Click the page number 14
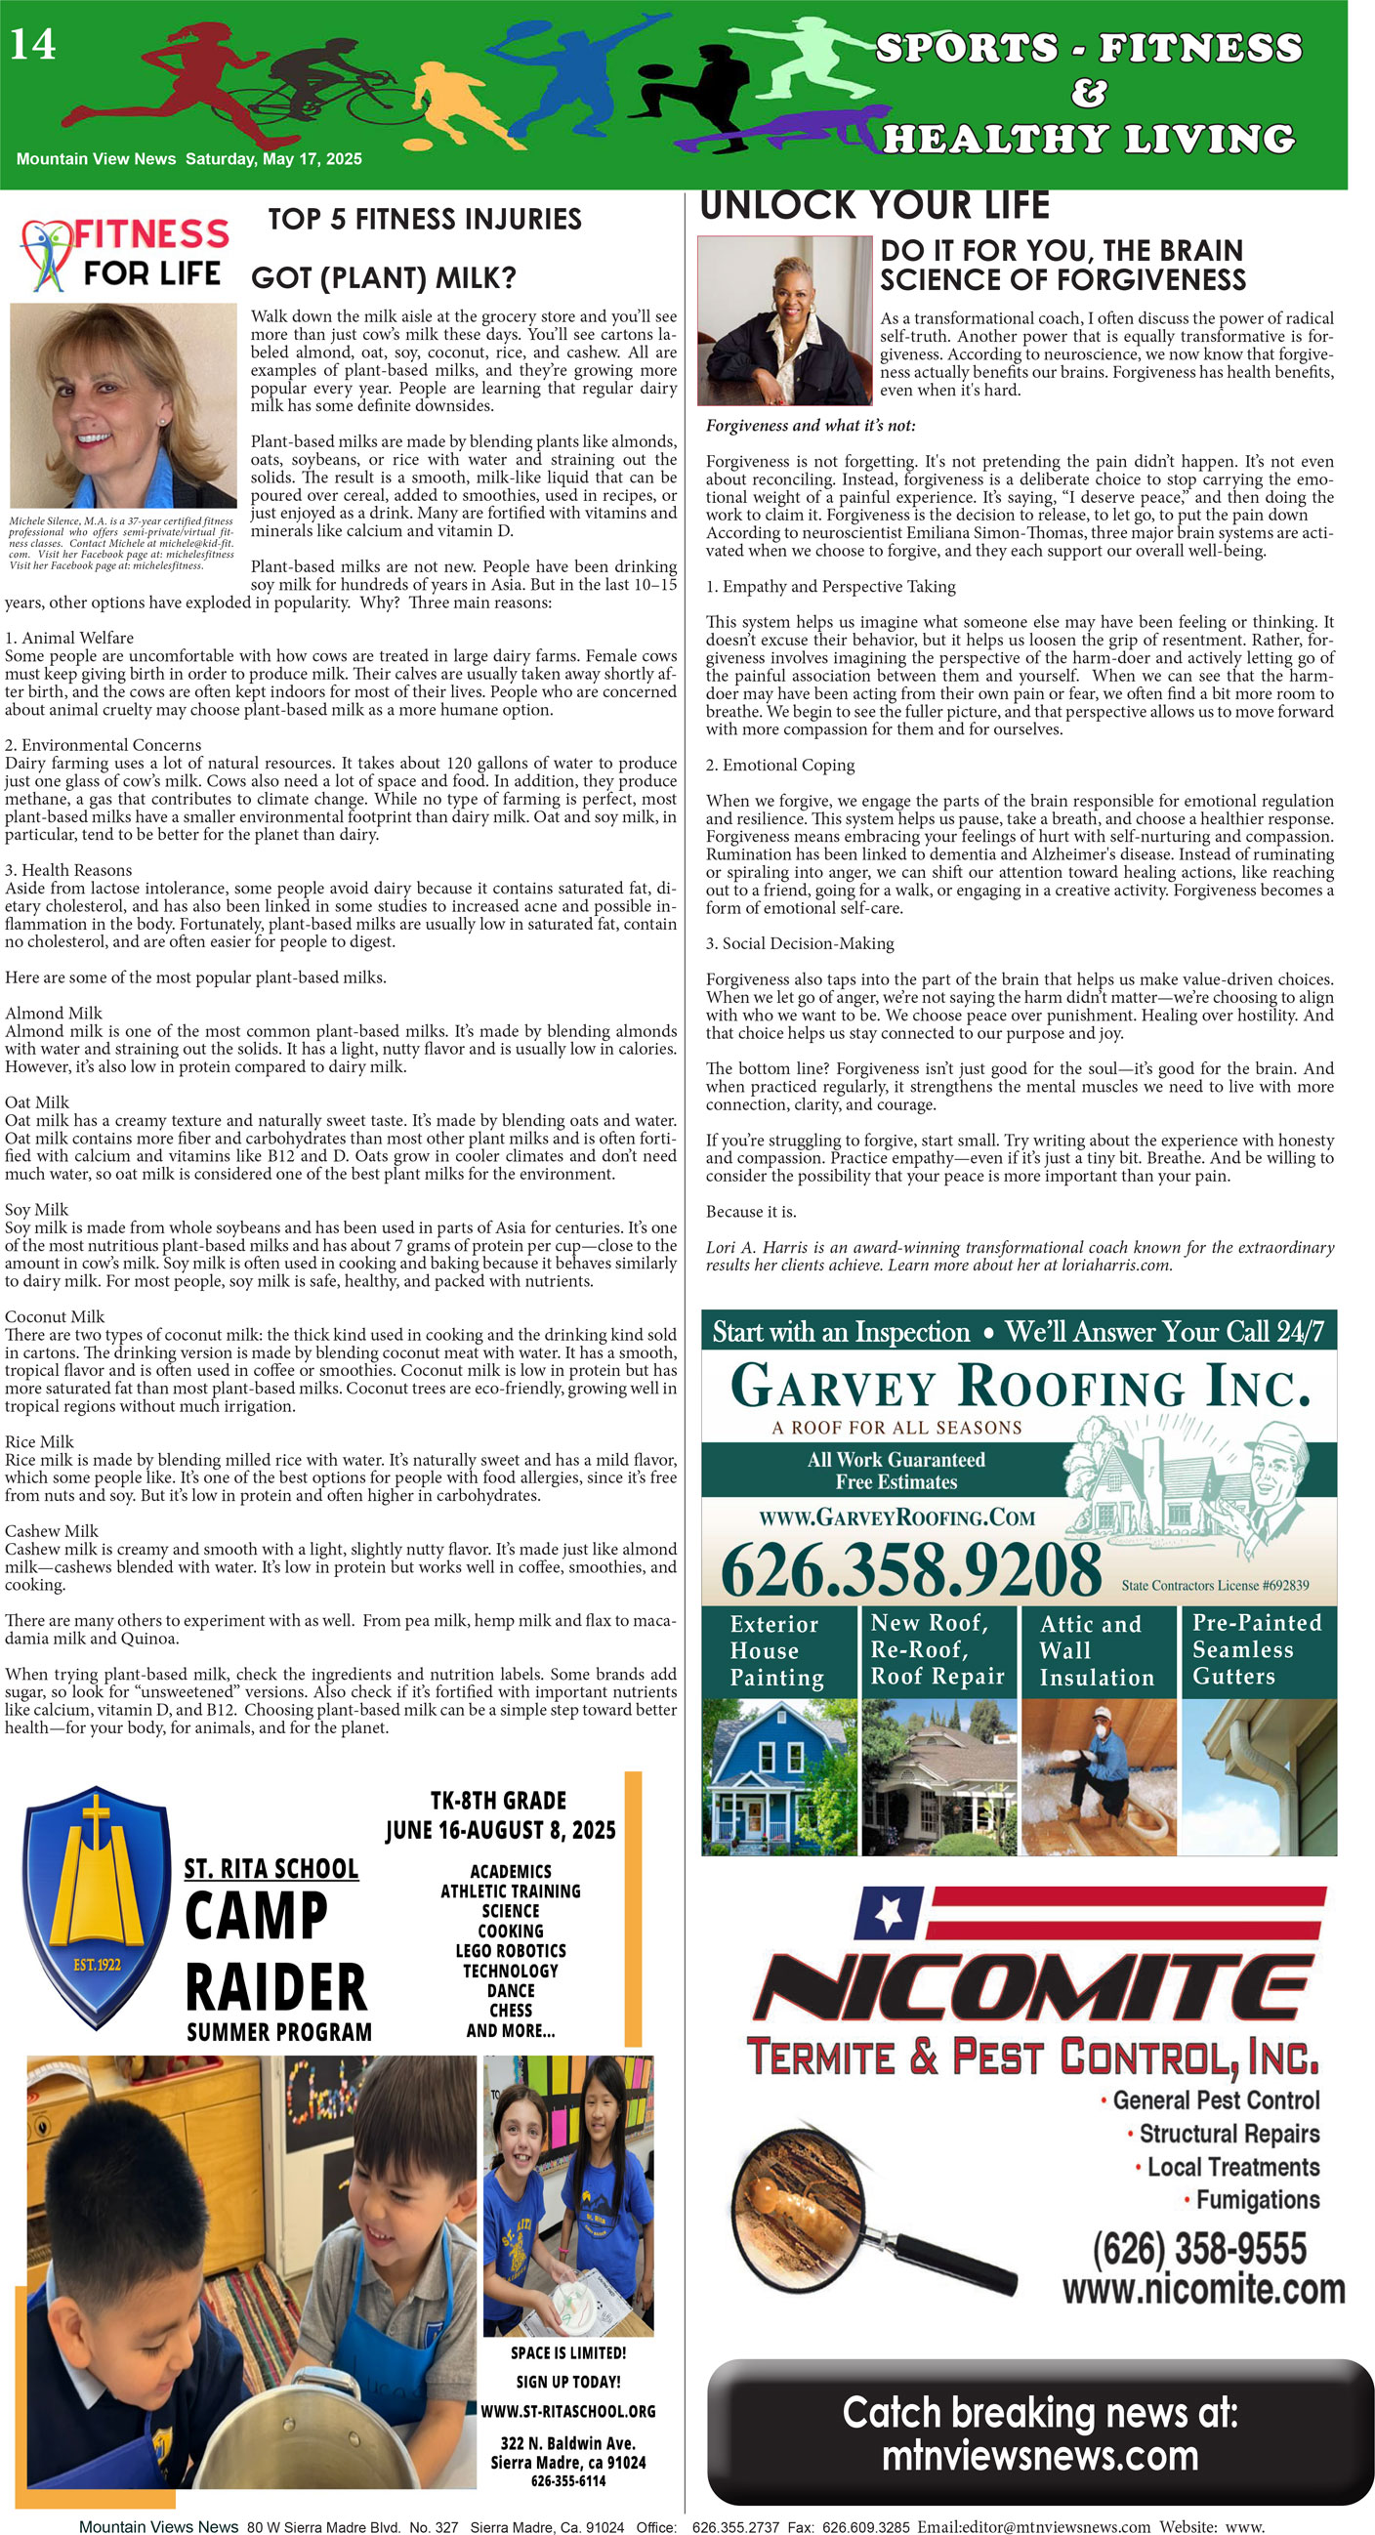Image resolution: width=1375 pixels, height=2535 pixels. (32, 43)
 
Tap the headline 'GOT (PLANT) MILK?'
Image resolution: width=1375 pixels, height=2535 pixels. (384, 278)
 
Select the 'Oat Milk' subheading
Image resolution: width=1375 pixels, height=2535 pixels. (37, 1102)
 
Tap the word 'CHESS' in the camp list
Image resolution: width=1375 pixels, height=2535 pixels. (510, 2011)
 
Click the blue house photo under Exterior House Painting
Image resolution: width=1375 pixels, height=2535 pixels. (779, 1778)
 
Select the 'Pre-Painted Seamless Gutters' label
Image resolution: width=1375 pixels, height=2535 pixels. (1257, 1649)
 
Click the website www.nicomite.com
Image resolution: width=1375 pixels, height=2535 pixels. (1203, 2289)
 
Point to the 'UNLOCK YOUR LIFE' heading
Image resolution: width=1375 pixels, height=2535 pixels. (874, 205)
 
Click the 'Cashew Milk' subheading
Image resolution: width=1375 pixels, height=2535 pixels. (51, 1531)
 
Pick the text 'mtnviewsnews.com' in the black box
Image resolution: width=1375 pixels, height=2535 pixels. (1039, 2456)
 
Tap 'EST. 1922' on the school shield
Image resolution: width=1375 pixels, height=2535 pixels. (97, 1964)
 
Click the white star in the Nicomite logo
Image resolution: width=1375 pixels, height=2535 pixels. (889, 1911)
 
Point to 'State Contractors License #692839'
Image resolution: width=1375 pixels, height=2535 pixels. (1215, 1586)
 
